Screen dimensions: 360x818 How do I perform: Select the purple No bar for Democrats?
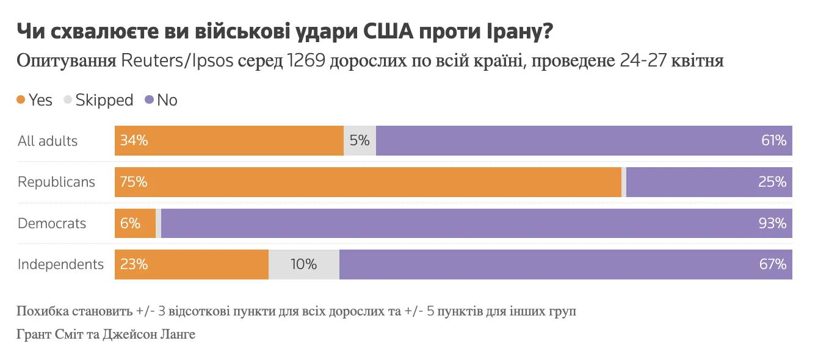476,223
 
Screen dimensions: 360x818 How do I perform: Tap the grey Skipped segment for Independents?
304,265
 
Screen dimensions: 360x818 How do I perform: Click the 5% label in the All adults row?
360,140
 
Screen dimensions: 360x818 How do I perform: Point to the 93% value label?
772,223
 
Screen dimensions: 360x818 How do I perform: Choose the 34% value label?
134,140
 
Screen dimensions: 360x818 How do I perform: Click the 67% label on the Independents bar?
772,265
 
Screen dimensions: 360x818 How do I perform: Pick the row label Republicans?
56,182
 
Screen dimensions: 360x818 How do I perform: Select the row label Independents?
60,264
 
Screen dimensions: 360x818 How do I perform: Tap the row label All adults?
48,141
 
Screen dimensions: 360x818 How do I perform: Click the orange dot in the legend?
21,99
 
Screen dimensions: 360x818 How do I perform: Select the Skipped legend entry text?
104,100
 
